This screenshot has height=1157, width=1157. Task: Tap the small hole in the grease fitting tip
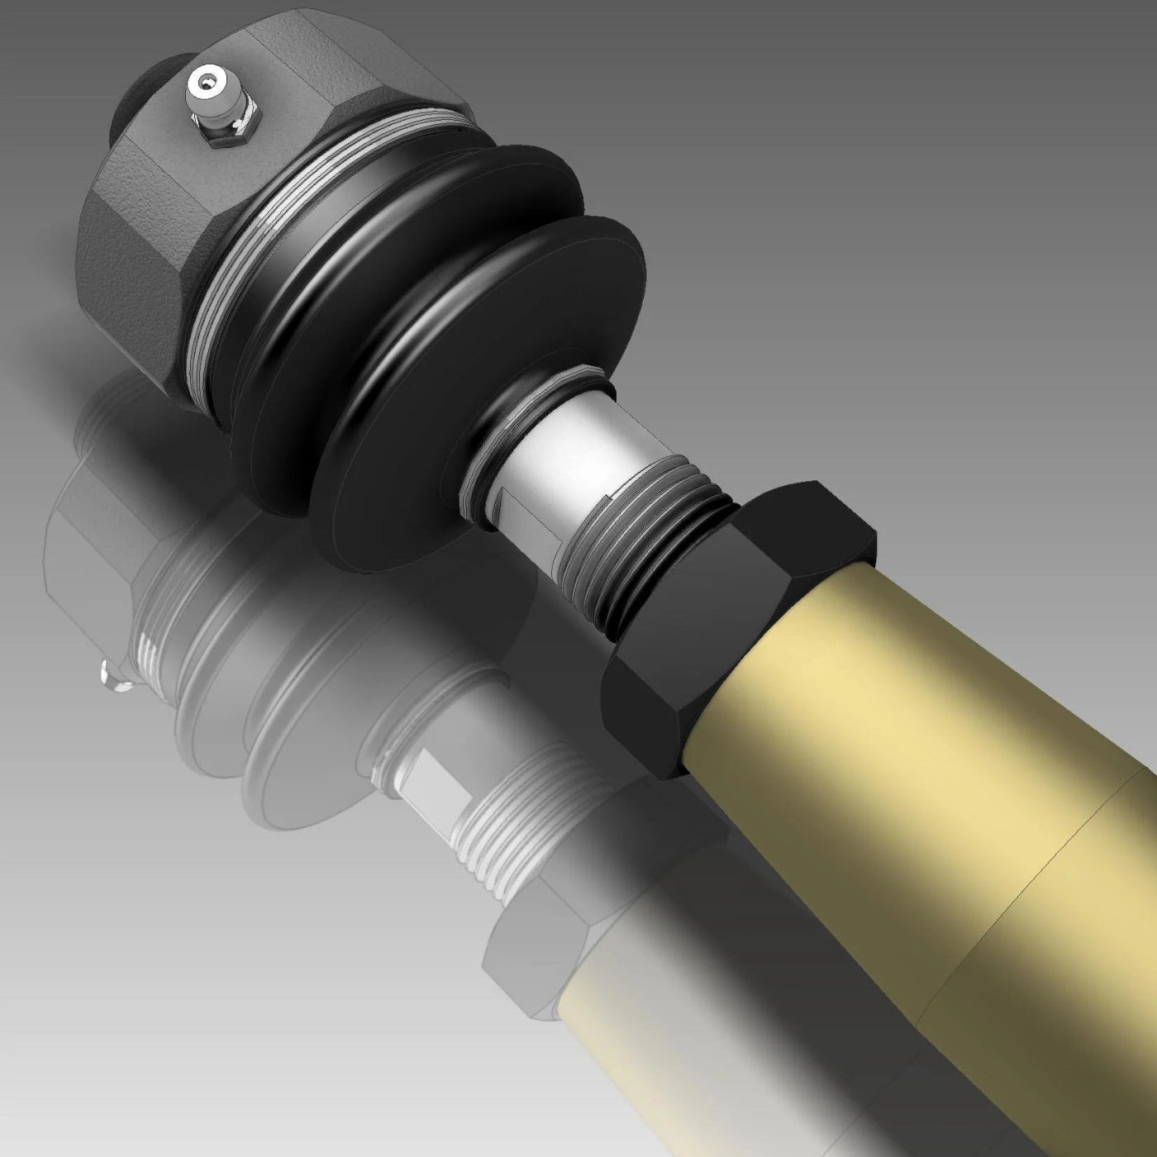202,83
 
